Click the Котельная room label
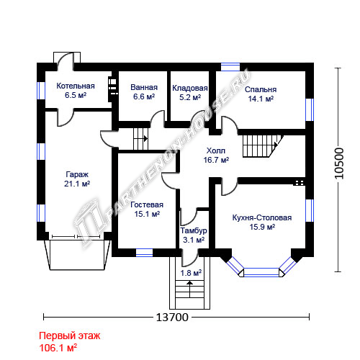pos(76,86)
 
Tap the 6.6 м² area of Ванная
pos(144,96)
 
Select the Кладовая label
pos(190,88)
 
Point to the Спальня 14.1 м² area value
pos(261,99)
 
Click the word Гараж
pos(77,174)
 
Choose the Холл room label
pos(216,150)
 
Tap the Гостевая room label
pos(147,204)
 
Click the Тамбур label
pos(194,230)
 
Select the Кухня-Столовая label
pos(262,217)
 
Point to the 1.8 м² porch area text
pos(191,273)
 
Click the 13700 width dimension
pos(172,318)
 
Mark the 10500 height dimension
pos(339,163)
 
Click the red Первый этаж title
pos(70,336)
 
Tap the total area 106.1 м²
pos(58,348)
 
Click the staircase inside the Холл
pos(263,146)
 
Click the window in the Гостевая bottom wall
pos(144,253)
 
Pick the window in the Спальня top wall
pos(230,67)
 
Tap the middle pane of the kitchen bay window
pos(261,272)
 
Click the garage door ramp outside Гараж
pos(77,255)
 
